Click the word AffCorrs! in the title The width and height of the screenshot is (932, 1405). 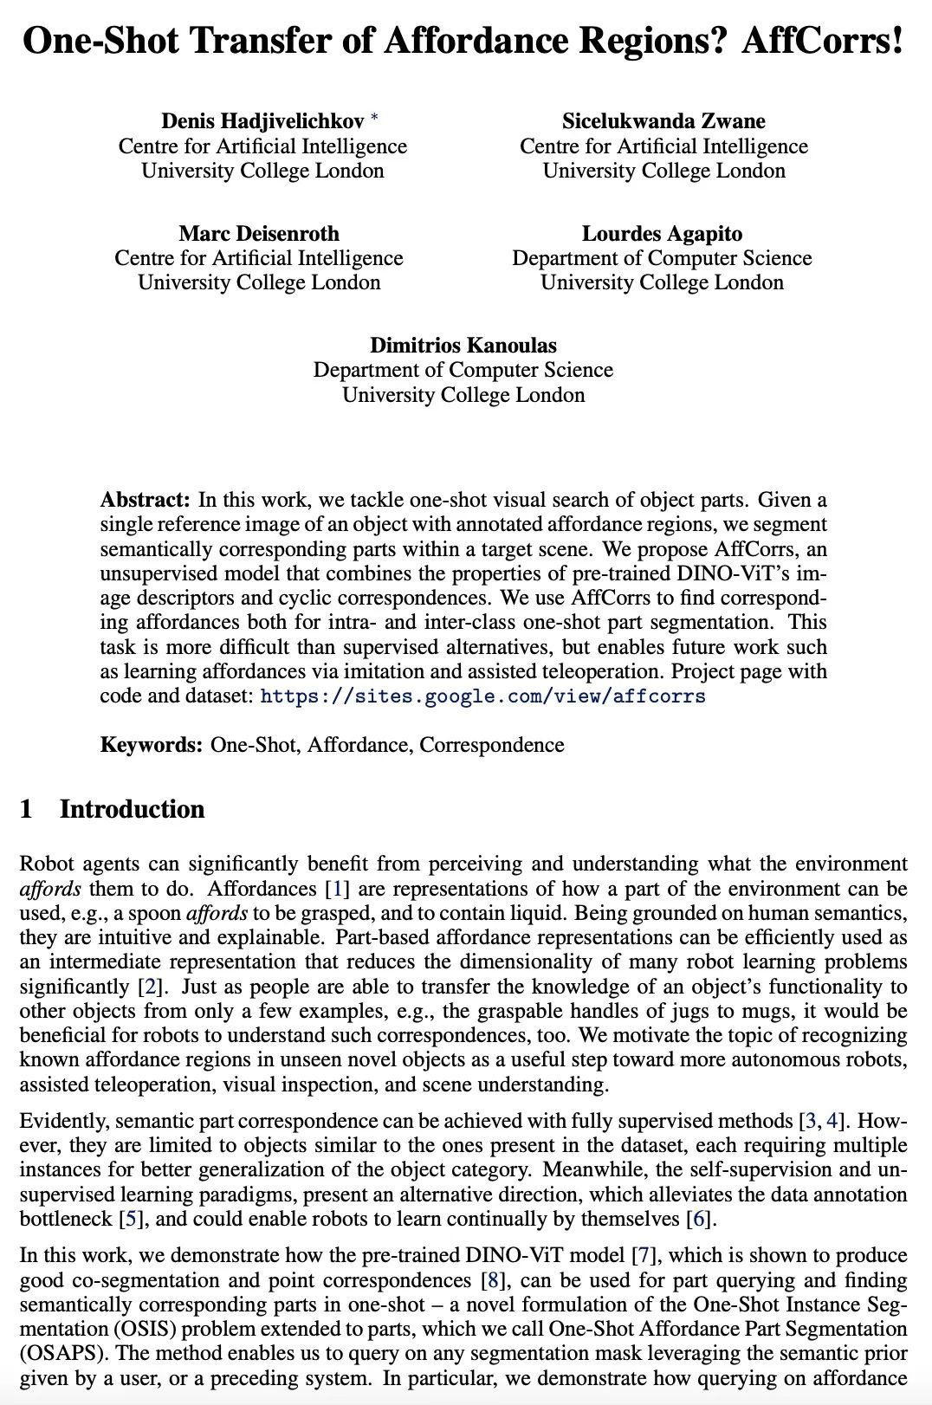coord(822,41)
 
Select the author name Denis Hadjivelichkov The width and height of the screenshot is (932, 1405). coord(262,121)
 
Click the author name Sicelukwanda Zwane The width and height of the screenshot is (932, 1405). coord(663,121)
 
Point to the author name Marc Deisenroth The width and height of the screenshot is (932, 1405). coord(259,233)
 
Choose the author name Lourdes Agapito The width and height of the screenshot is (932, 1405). coord(662,233)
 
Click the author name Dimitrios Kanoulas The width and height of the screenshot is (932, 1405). coord(463,345)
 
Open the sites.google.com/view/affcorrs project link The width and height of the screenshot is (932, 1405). coord(482,696)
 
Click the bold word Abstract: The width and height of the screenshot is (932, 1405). coord(145,500)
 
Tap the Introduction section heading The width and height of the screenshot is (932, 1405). coord(132,809)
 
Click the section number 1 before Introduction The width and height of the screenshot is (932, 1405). coord(26,809)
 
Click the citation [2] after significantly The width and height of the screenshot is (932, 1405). coord(146,987)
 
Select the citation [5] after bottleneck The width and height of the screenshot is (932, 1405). coord(127,1219)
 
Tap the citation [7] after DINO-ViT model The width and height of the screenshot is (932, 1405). coord(643,1255)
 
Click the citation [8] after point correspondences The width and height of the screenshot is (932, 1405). coord(489,1280)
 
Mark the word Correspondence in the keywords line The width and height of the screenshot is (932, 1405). coord(492,745)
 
